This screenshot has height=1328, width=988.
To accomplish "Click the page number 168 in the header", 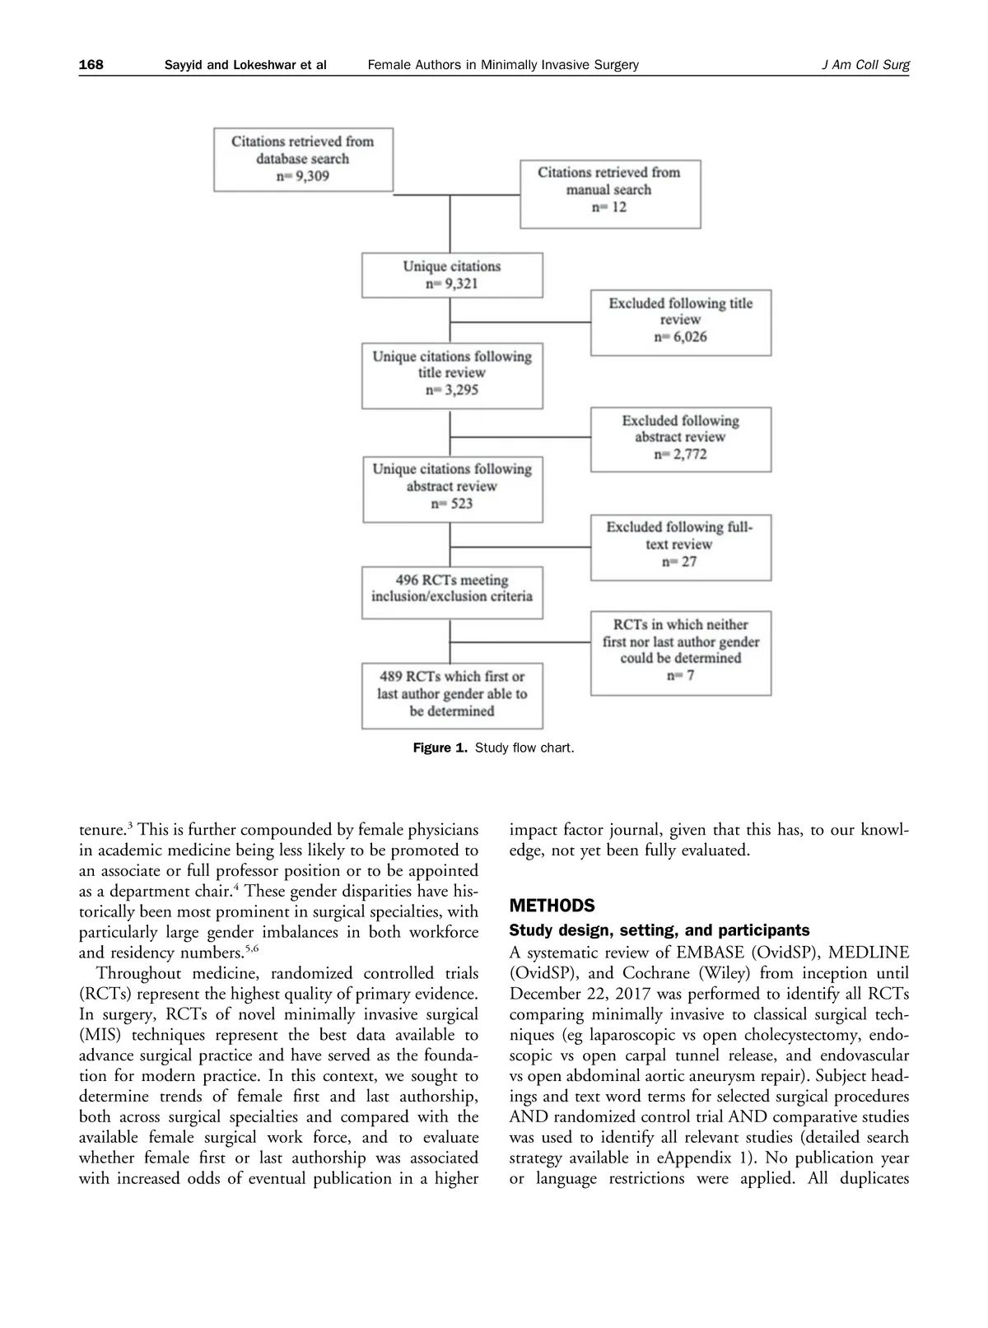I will click(91, 65).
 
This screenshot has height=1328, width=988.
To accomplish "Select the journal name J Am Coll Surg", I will click(865, 65).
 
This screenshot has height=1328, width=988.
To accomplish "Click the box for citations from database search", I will click(303, 159).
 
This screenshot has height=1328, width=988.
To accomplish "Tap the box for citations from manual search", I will click(609, 193).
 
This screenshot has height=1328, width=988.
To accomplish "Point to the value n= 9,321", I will click(452, 284).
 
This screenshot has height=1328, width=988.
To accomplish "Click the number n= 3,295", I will click(452, 390).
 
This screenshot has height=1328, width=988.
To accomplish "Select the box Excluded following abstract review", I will click(681, 439).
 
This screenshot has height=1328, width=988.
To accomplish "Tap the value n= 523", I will click(452, 504).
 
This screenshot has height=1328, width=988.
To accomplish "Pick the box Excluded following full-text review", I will click(681, 546).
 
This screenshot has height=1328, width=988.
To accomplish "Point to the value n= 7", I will click(681, 676).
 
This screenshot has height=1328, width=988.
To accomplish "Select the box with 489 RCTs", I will click(452, 695).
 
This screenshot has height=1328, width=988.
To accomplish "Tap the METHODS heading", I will click(552, 906).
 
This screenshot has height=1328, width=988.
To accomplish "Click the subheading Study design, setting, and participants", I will click(659, 930).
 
